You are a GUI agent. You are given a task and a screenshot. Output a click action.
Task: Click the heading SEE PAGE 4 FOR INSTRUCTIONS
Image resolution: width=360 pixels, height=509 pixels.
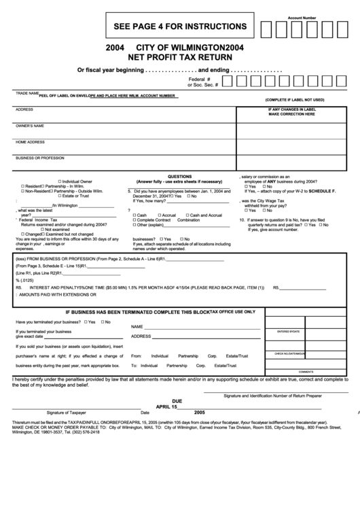click(x=175, y=27)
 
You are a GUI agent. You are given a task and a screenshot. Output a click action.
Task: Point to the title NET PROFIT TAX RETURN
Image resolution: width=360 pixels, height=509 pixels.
click(x=175, y=58)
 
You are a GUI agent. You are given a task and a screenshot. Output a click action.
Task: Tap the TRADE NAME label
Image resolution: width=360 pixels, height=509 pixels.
click(x=26, y=93)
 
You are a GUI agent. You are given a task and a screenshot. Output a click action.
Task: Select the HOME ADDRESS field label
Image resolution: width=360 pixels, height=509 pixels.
click(x=30, y=142)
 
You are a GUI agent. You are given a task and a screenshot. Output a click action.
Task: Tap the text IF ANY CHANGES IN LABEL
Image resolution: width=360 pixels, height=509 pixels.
click(x=292, y=109)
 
